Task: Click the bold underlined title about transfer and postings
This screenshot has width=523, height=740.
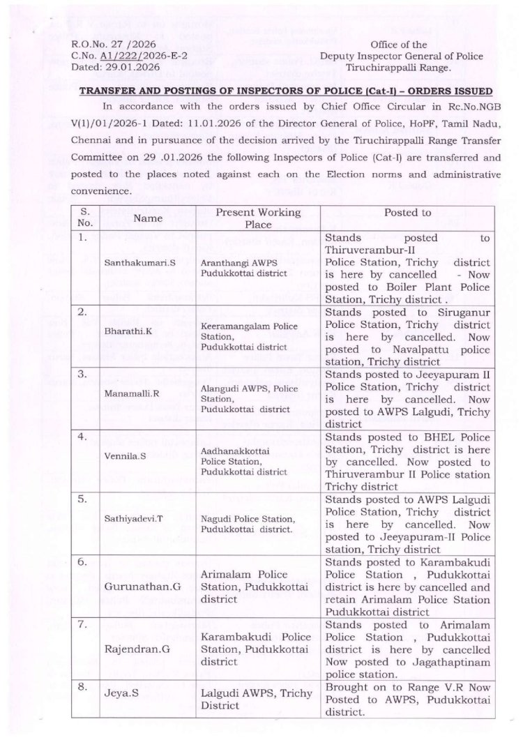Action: pos(287,92)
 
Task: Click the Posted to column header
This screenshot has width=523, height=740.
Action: pos(407,213)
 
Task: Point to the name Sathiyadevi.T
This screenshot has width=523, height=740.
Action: pos(130,529)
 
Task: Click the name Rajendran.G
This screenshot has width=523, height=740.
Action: pos(131,652)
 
